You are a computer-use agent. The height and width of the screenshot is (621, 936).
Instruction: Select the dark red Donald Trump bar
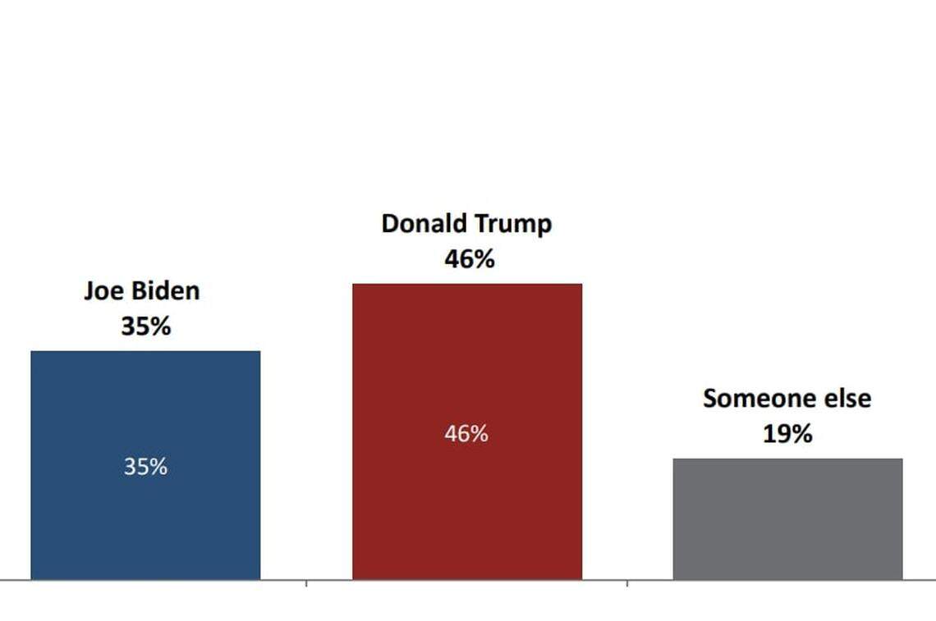(x=466, y=509)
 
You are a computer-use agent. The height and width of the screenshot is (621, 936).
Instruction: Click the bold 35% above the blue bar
(x=145, y=326)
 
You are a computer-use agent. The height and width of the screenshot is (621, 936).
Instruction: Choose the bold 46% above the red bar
(x=470, y=259)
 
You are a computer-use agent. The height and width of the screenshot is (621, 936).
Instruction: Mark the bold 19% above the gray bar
(x=787, y=434)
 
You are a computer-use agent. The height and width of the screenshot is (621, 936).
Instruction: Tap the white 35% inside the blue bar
(x=145, y=467)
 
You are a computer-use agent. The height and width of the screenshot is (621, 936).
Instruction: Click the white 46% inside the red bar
(x=466, y=434)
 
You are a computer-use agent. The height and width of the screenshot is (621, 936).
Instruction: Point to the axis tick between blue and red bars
(x=306, y=583)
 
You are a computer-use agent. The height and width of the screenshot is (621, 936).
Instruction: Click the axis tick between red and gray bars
(x=627, y=583)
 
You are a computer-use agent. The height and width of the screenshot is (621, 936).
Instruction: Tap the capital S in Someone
(x=710, y=399)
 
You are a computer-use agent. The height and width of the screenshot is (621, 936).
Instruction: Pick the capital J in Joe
(x=89, y=291)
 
